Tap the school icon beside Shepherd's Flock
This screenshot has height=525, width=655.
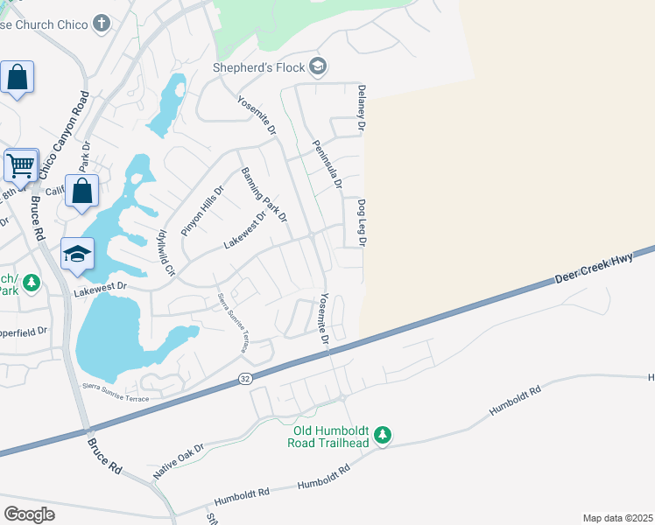[x=318, y=66]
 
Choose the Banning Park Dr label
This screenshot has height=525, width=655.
[x=264, y=193]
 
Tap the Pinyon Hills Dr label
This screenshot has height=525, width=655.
[x=203, y=210]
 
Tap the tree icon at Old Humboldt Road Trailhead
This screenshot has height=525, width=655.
[x=382, y=435]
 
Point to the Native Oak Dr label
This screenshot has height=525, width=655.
[x=179, y=458]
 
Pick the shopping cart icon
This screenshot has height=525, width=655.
[x=20, y=164]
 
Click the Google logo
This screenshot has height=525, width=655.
[x=29, y=514]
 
